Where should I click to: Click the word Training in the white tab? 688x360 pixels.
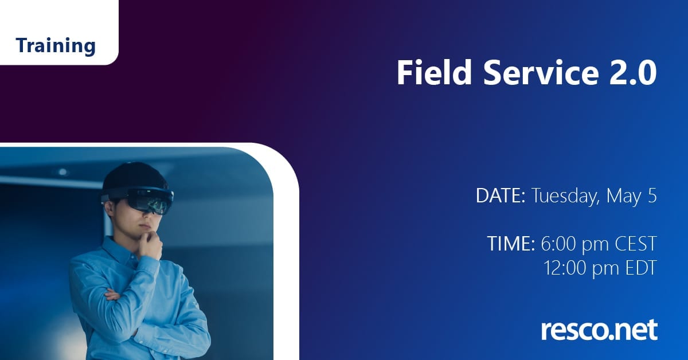pos(56,46)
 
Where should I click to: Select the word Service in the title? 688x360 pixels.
pos(541,72)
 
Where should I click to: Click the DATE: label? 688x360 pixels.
pos(501,195)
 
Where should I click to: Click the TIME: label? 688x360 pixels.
pos(511,243)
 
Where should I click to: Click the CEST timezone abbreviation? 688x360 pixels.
pos(636,244)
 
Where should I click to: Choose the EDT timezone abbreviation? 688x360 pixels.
pos(641,268)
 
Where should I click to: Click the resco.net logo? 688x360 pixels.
pos(599,330)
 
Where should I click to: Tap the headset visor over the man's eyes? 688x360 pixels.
pos(150,201)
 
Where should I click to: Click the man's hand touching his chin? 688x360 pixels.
pos(150,243)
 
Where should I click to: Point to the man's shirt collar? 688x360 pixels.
pos(120,248)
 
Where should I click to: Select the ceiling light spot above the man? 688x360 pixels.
pos(62,172)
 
